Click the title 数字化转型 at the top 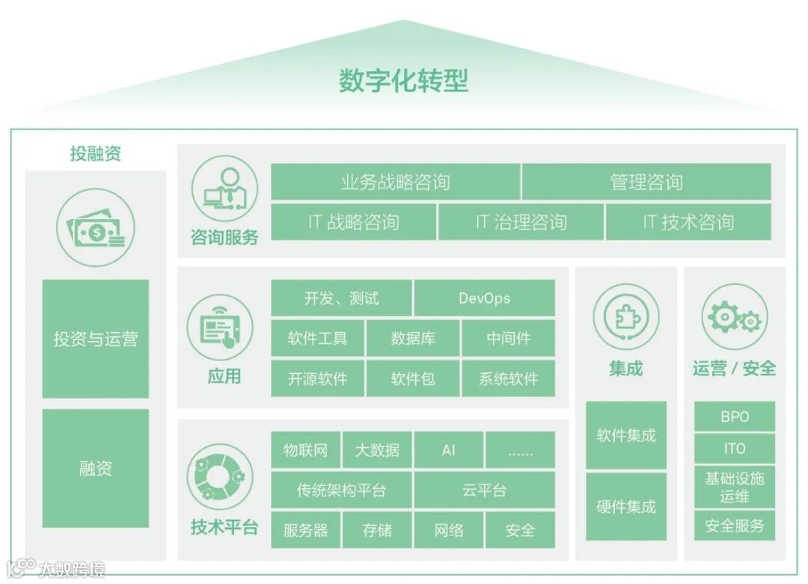(403, 81)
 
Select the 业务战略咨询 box (395, 182)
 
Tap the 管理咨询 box (646, 182)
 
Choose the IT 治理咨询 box (521, 222)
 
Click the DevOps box (484, 298)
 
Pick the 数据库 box (413, 338)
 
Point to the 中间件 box (509, 338)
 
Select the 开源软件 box (317, 378)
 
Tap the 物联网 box (305, 450)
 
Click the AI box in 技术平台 (448, 450)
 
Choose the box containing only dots (520, 450)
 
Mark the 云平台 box (484, 490)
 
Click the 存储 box (377, 530)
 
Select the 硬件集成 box (626, 506)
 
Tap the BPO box (735, 417)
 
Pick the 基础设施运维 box (735, 487)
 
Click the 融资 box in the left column (95, 469)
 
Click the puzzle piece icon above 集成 (626, 316)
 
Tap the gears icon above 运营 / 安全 (735, 316)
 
